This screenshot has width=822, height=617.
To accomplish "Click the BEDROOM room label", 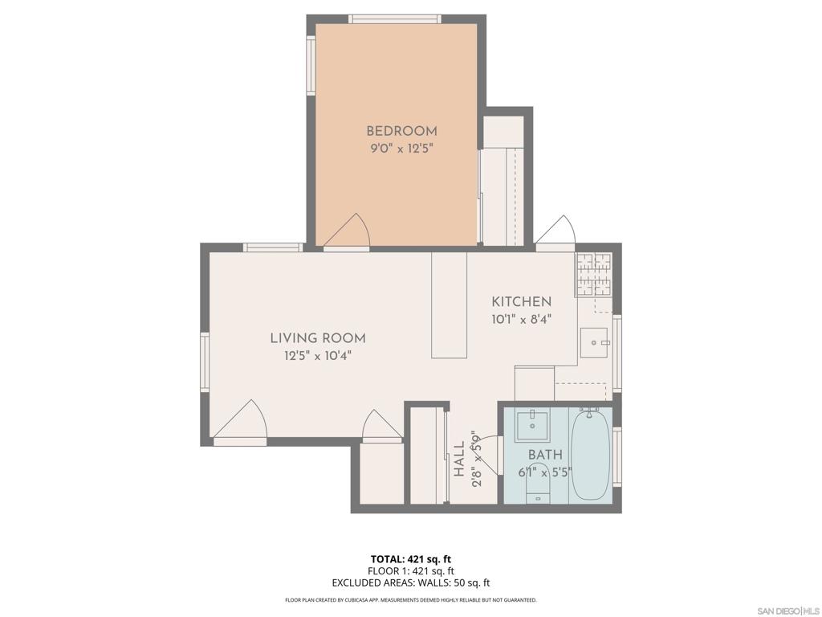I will pyautogui.click(x=401, y=131).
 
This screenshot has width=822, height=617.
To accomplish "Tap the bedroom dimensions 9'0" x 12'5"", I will pyautogui.click(x=401, y=149).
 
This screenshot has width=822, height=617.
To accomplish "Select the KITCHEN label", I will pyautogui.click(x=522, y=302).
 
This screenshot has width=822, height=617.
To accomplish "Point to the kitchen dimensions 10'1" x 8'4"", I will pyautogui.click(x=522, y=318).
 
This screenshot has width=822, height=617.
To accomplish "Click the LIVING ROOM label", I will pyautogui.click(x=318, y=338).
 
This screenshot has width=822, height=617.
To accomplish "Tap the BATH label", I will pyautogui.click(x=545, y=456).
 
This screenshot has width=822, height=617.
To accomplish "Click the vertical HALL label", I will pyautogui.click(x=459, y=460).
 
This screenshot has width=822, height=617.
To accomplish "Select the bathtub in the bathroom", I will pyautogui.click(x=591, y=454).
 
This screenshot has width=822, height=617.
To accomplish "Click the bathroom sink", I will pyautogui.click(x=532, y=425).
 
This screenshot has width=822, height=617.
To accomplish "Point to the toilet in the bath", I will pyautogui.click(x=537, y=485).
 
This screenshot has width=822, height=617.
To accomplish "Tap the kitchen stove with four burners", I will pyautogui.click(x=593, y=274).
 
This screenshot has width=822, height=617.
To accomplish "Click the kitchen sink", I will pyautogui.click(x=595, y=343).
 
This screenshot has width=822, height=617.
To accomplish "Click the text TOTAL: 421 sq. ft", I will pyautogui.click(x=411, y=559).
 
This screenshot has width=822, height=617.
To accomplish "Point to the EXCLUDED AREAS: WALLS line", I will pyautogui.click(x=411, y=583).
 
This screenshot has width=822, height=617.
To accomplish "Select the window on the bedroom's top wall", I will pyautogui.click(x=394, y=18).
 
